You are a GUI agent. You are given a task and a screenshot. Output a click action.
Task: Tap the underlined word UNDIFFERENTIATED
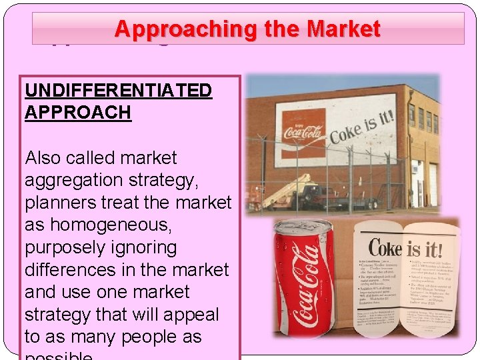coord(118,90)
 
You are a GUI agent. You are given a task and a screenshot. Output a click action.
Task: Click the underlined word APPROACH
coord(77,112)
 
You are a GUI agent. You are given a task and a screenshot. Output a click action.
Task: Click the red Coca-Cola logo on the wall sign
coord(303,132)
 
